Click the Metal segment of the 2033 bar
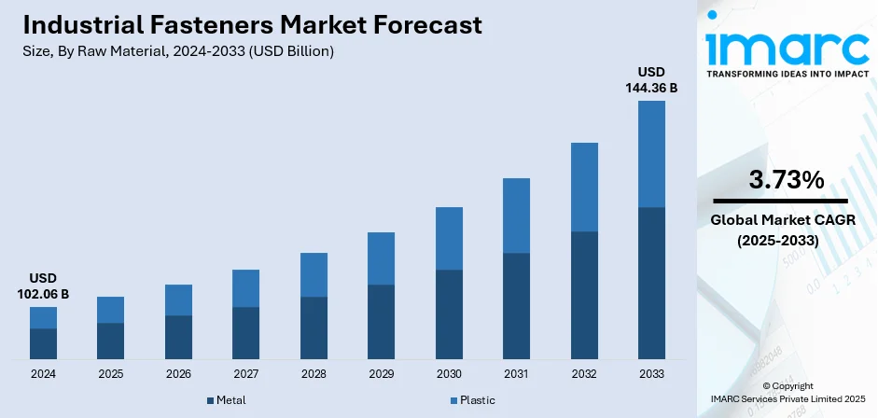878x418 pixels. (651, 283)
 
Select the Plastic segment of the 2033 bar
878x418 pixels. (651, 154)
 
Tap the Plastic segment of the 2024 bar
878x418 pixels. (43, 317)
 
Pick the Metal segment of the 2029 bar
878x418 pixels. (381, 322)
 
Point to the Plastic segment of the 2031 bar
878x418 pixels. (516, 216)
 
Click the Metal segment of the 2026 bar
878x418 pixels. (178, 337)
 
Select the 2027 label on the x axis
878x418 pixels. (245, 374)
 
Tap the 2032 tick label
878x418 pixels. (584, 374)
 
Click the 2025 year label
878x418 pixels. (110, 374)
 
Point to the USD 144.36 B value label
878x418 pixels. (651, 80)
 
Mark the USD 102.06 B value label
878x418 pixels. (43, 286)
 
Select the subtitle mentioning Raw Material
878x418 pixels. (178, 51)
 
